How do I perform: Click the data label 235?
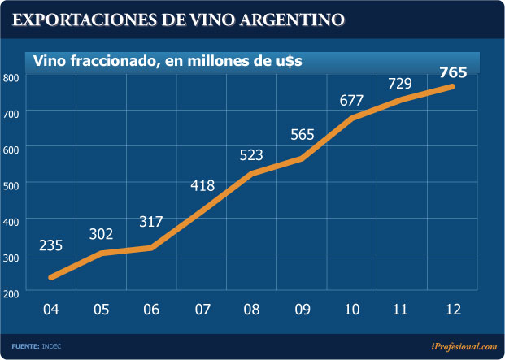coord(51,245)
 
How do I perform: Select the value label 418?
coord(202,186)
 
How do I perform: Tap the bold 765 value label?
coord(453,72)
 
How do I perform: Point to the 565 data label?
coord(303,135)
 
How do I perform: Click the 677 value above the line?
coord(351,101)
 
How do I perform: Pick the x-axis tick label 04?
coord(51,310)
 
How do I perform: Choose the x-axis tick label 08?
coord(252,310)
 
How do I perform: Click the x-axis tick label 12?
coord(452,310)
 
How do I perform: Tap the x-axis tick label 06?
coord(151,310)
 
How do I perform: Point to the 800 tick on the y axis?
coord(11,78)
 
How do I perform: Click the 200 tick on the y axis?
coord(11,292)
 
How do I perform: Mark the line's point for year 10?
coord(352,118)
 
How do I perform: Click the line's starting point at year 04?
coord(51,277)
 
